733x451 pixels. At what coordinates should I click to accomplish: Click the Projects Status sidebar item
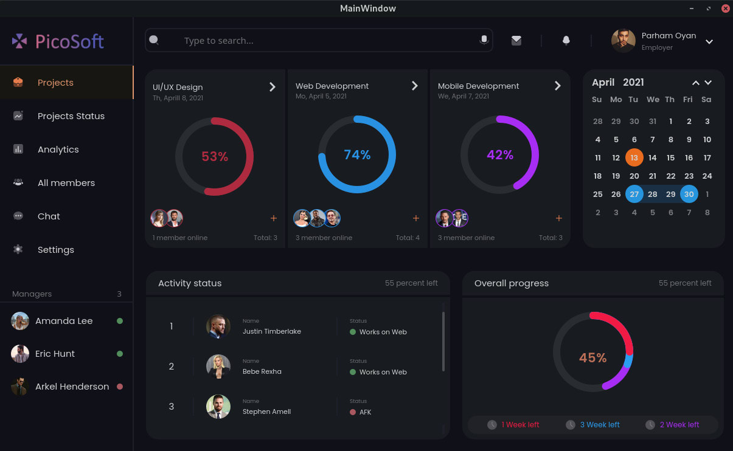pyautogui.click(x=71, y=116)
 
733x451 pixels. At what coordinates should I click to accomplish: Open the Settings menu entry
pyautogui.click(x=55, y=250)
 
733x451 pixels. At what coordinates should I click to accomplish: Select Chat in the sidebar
pyautogui.click(x=49, y=216)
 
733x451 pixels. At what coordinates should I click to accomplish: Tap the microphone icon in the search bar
pyautogui.click(x=484, y=40)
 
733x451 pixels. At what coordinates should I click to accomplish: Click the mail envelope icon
pyautogui.click(x=516, y=41)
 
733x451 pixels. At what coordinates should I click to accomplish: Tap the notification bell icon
pyautogui.click(x=566, y=41)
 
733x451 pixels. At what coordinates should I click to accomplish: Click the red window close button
pyautogui.click(x=725, y=9)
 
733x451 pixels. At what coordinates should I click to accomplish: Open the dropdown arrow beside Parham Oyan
pyautogui.click(x=709, y=42)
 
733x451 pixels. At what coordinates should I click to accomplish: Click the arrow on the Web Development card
pyautogui.click(x=415, y=86)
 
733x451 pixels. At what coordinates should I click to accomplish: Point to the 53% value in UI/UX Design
pyautogui.click(x=215, y=157)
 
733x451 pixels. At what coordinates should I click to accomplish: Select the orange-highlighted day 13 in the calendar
pyautogui.click(x=634, y=157)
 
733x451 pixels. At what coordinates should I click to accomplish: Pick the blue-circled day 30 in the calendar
pyautogui.click(x=689, y=194)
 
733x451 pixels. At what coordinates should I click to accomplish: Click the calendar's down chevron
pyautogui.click(x=708, y=83)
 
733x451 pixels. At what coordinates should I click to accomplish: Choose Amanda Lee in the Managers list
pyautogui.click(x=64, y=321)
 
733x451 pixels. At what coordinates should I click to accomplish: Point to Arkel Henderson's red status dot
pyautogui.click(x=120, y=387)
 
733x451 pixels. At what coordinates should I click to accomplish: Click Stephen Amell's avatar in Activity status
pyautogui.click(x=218, y=407)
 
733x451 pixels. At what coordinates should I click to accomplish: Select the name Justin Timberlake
pyautogui.click(x=271, y=332)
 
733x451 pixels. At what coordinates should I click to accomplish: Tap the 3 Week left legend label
pyautogui.click(x=600, y=425)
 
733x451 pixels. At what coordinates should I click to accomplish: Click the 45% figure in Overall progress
pyautogui.click(x=592, y=358)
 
